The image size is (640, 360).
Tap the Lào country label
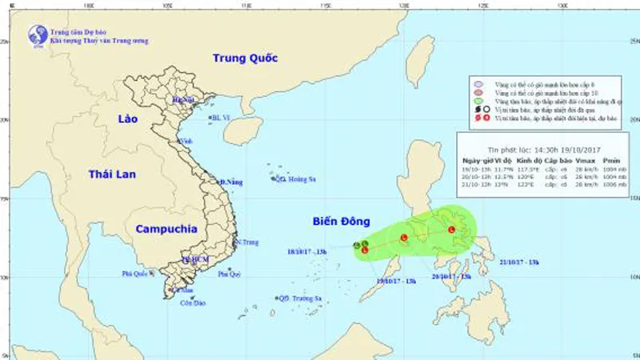pos(127,118)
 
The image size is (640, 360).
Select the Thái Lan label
pos(114,173)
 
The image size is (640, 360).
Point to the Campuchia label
pos(166,229)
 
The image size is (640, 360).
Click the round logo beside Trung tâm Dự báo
pos(37,34)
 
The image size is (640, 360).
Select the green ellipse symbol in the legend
pos(478,102)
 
